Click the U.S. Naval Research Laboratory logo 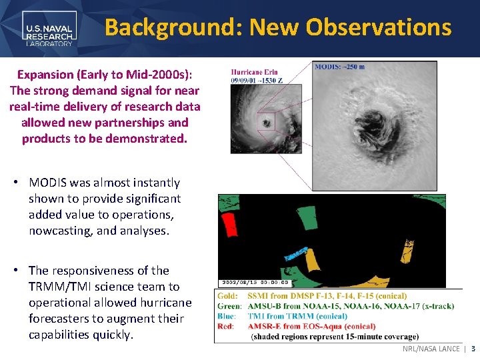(x=49, y=28)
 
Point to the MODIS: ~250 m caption (x=340, y=67)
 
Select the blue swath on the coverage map (x=296, y=255)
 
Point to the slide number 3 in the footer (x=473, y=349)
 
